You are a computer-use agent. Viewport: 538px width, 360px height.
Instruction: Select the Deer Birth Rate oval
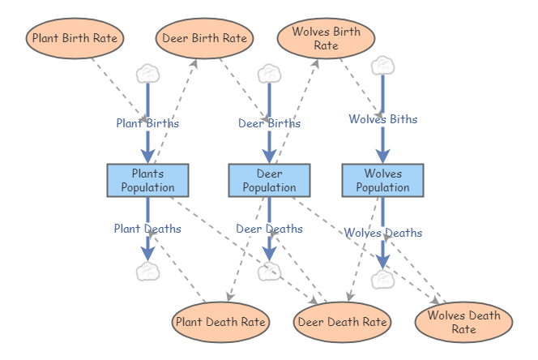[204, 38]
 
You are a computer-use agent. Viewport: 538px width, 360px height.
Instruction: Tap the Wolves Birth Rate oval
[326, 38]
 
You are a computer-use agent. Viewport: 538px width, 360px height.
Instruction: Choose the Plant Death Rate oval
[220, 322]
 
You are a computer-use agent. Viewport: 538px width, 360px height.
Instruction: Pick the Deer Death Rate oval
[342, 322]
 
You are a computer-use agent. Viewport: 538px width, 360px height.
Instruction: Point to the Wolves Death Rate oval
[463, 322]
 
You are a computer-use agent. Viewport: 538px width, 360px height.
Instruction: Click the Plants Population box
[147, 180]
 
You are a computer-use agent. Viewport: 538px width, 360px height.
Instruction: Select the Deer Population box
[269, 180]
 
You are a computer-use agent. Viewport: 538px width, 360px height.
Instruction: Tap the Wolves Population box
[382, 180]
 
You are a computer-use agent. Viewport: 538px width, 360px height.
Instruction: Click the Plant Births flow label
[147, 123]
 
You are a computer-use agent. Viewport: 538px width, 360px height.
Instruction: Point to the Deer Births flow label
[269, 123]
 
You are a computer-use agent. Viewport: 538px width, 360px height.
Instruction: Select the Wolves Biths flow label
[382, 119]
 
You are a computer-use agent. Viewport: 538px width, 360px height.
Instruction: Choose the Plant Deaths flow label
[147, 229]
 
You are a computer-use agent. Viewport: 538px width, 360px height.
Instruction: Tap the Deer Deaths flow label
[269, 229]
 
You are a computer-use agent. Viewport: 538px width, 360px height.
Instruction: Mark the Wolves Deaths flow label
[382, 233]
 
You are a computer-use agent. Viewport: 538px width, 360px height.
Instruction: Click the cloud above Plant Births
[147, 74]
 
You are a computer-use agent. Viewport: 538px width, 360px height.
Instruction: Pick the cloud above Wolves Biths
[382, 65]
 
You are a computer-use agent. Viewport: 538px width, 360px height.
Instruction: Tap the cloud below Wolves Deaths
[382, 280]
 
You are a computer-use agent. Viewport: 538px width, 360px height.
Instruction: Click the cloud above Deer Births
[269, 74]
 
